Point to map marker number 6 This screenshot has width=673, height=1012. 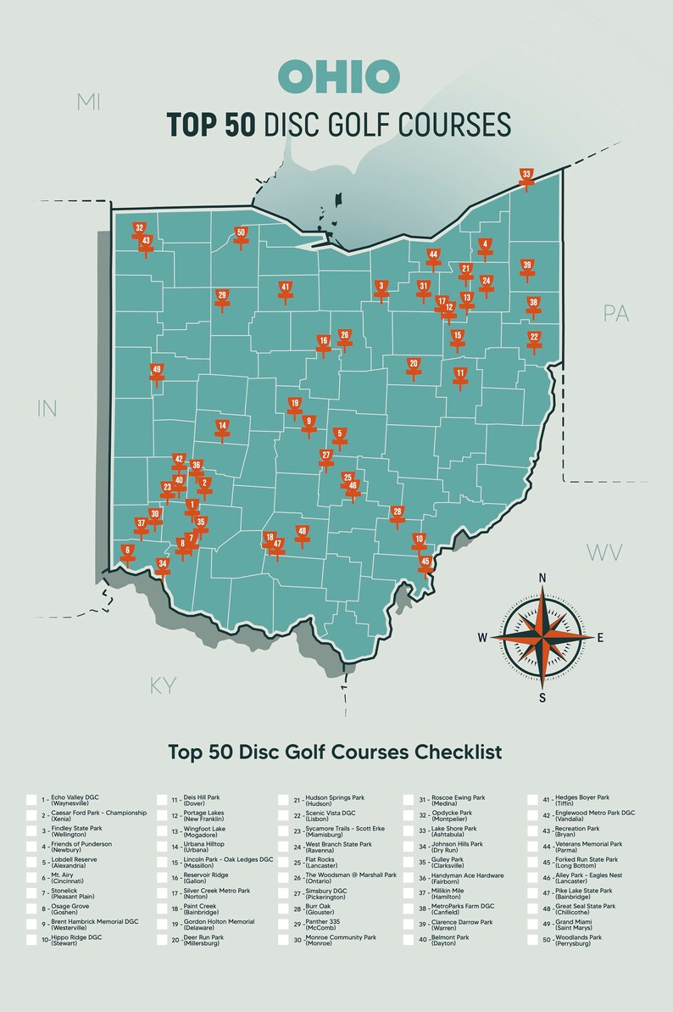coord(127,552)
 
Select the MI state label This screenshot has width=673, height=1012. coord(87,103)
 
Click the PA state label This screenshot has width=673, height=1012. coord(616,313)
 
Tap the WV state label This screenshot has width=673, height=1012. coord(605,553)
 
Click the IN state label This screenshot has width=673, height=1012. coord(47,408)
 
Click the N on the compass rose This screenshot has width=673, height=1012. coord(542,579)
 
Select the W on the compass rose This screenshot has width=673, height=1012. coord(482,637)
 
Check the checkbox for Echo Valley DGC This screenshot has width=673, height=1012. coord(31,800)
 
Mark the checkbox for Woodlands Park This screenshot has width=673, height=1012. coord(534,940)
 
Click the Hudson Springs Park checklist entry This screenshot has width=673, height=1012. coord(334,800)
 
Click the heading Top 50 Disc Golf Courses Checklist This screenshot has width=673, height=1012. coord(335,752)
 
